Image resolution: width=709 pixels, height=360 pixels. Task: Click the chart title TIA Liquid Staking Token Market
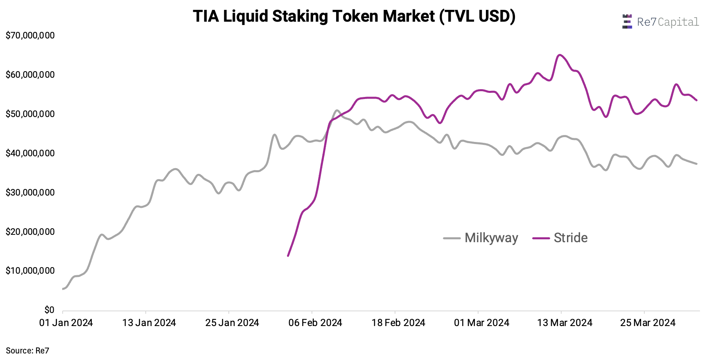point(354,16)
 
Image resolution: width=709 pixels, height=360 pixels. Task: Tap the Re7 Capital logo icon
point(627,22)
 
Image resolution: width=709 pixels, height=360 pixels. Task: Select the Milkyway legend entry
point(481,238)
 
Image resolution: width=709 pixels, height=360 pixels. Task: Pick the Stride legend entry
point(560,238)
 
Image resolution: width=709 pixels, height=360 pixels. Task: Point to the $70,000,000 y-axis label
point(30,36)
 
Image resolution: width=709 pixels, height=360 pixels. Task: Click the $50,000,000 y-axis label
point(30,114)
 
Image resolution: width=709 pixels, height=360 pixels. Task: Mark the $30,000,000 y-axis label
point(30,193)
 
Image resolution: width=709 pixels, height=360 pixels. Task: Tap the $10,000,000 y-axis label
point(30,271)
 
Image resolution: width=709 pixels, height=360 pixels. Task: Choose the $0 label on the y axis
point(49,310)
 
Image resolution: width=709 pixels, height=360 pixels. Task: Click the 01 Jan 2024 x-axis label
point(66,323)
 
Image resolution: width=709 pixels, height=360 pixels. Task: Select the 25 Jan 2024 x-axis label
point(232,323)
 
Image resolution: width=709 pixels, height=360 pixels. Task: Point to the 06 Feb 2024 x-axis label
point(315,323)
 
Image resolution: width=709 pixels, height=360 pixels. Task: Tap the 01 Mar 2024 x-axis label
point(481,323)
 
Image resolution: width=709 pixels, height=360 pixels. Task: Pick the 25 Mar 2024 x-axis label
point(648,323)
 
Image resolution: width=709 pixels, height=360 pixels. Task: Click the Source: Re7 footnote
point(27,351)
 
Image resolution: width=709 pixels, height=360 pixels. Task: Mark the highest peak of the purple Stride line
point(560,55)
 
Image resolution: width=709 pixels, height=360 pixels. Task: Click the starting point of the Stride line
point(288,256)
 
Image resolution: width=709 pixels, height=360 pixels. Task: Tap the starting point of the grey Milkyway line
point(63,289)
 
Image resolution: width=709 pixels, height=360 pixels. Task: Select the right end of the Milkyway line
point(697,164)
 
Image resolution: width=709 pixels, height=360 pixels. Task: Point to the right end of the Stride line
point(697,100)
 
